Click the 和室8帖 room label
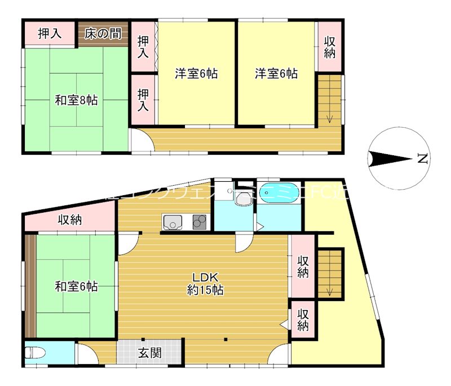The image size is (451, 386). click(76, 101)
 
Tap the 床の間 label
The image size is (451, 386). click(103, 34)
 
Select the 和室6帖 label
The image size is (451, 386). click(76, 286)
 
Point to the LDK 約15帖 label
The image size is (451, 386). click(205, 284)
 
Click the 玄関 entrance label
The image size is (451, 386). click(150, 353)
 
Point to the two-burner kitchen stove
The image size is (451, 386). click(200, 222)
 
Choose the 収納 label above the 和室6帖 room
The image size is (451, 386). click(70, 220)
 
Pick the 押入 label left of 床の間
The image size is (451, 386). click(50, 34)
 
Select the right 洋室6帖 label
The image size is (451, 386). click(276, 74)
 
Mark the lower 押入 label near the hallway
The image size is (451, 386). click(144, 100)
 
